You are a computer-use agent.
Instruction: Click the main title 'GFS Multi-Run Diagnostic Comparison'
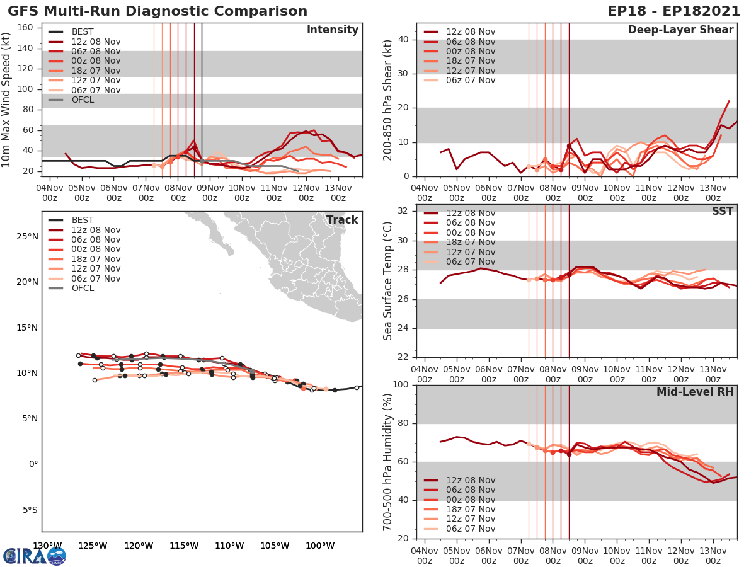[157, 11]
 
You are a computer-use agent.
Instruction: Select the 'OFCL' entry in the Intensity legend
[83, 100]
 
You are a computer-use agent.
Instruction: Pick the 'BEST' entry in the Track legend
[83, 220]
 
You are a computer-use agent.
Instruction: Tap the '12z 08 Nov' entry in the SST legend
[471, 213]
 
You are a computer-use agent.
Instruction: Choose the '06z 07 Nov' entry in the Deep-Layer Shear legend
[471, 80]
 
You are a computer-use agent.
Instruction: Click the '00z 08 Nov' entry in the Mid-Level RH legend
[471, 500]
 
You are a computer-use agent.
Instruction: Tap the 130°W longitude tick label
[47, 546]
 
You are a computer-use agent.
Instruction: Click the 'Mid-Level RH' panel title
[694, 392]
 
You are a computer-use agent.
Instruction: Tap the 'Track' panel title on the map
[341, 220]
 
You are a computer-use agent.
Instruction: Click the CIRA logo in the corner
[35, 556]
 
